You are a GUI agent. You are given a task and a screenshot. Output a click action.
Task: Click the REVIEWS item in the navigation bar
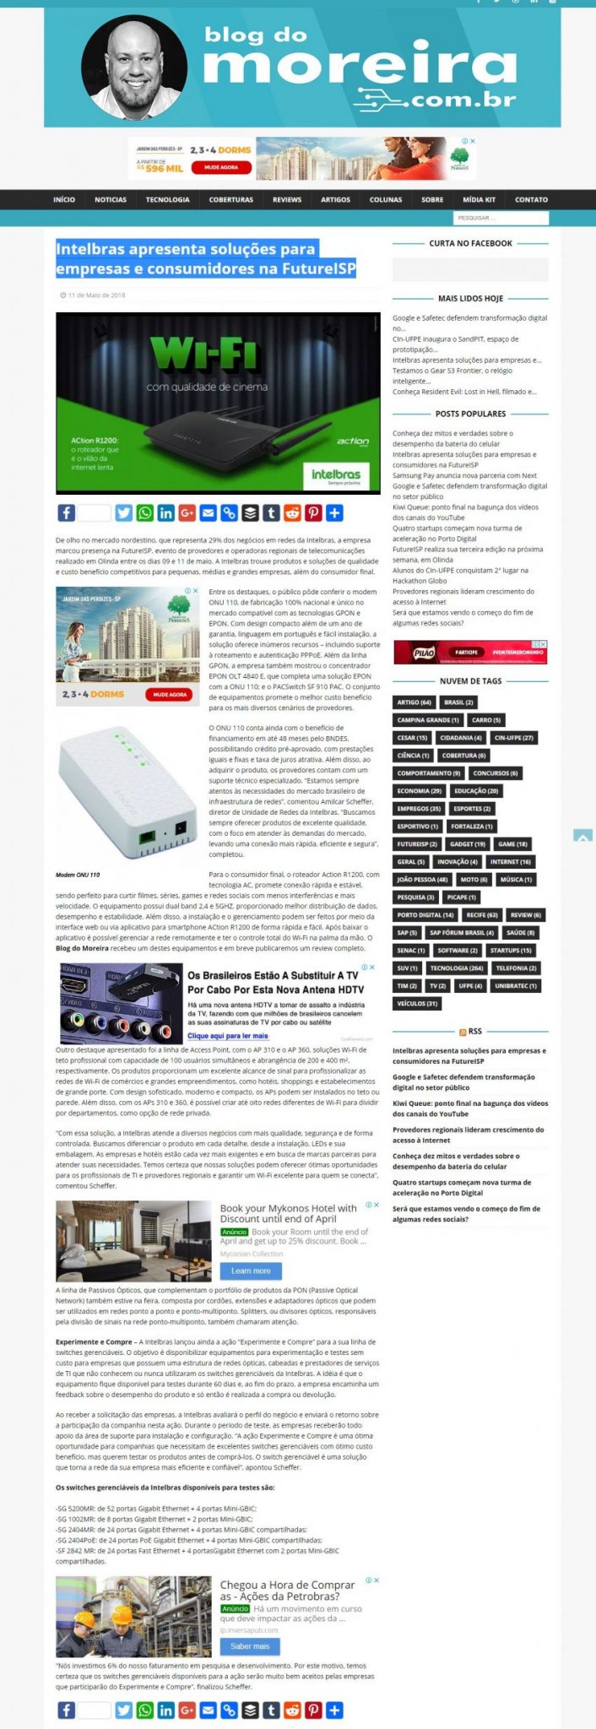[x=287, y=200]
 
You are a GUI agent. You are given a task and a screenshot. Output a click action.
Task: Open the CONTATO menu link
[x=531, y=200]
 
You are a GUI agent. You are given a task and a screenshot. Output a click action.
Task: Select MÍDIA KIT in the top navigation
[x=479, y=200]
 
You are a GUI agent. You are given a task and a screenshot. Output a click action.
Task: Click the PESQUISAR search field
[x=501, y=219]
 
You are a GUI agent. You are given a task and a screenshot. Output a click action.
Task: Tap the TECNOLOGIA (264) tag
[x=456, y=968]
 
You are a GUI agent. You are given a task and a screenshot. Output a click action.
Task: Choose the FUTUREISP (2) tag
[x=417, y=844]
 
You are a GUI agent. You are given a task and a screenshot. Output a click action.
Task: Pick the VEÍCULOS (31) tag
[x=417, y=1004]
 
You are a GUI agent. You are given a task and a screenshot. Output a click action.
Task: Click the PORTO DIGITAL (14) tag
[x=425, y=915]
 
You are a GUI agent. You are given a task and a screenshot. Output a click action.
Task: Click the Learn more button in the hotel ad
[x=251, y=1271]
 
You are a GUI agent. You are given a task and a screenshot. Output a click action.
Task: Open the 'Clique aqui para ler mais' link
[x=228, y=1036]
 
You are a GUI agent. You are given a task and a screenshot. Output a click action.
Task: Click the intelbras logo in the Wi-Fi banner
[x=336, y=476]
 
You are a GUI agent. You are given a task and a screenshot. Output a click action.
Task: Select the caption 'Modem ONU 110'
[x=78, y=875]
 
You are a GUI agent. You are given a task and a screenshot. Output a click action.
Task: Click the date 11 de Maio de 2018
[x=96, y=295]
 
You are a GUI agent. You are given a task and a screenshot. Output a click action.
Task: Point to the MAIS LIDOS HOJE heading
[x=470, y=299]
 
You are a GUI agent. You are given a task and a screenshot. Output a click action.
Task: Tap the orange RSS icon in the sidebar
[x=463, y=1032]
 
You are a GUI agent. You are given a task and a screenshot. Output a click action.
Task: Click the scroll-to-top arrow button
[x=582, y=836]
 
